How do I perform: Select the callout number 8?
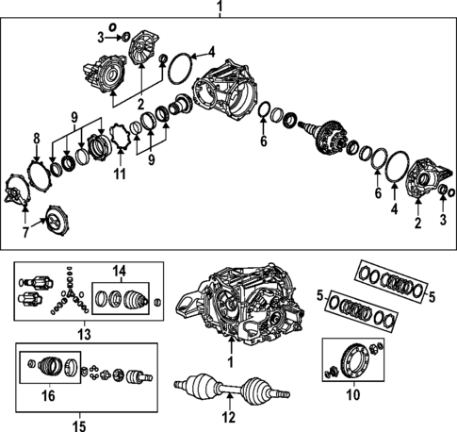pyautogui.click(x=37, y=140)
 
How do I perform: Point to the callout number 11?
pyautogui.click(x=119, y=174)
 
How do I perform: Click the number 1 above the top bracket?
pyautogui.click(x=220, y=8)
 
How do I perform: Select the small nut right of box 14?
pyautogui.click(x=156, y=302)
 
